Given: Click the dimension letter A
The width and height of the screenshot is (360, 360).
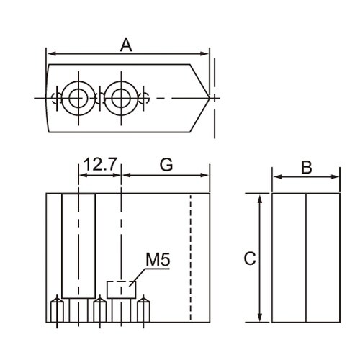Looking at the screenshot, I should [126, 45].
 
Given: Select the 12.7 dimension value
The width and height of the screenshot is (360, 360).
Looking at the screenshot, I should [99, 164].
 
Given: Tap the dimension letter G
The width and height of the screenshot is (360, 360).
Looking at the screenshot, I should [166, 164].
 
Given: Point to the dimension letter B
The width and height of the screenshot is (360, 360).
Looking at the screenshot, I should [305, 167].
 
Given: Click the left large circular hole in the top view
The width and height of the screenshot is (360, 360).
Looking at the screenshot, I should [76, 96].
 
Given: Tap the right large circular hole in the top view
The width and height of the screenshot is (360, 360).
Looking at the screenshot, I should [120, 96].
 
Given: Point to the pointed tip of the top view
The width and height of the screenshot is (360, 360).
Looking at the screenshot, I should [209, 96].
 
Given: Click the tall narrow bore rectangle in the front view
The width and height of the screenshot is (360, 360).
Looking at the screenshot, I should [78, 245].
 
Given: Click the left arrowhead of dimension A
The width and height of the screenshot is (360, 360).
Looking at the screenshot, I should [50, 54].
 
